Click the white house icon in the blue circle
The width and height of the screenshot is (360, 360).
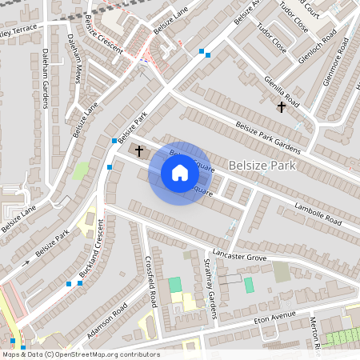click(179, 173)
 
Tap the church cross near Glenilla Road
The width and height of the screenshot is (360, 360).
click(281, 106)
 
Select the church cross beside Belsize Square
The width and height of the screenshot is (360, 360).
click(138, 150)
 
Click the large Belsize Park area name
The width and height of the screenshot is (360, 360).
click(262, 166)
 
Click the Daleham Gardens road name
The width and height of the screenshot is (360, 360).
click(45, 79)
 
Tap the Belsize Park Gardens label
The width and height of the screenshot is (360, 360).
click(268, 136)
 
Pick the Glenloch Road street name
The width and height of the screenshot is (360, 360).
click(319, 35)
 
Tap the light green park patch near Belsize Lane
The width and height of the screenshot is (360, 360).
click(81, 172)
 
